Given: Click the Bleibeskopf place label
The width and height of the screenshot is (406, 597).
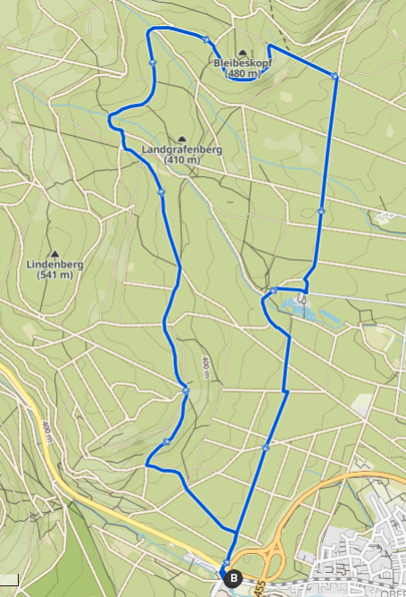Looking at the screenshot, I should pos(243,63).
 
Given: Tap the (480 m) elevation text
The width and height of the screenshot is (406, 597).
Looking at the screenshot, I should pos(243,74).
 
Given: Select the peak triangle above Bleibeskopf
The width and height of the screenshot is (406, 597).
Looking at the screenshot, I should pos(243,53).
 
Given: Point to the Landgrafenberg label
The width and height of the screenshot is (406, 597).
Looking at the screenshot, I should pos(182,149).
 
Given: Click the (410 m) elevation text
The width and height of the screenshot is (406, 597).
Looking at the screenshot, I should pos(182,160).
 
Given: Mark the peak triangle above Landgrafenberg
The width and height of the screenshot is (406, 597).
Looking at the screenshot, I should pos(182,139).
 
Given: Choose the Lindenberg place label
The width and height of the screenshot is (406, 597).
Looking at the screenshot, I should pos(54,265).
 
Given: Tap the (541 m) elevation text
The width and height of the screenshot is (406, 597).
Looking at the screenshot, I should pos(54,275).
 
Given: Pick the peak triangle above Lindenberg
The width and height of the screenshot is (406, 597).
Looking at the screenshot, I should pos(54,254).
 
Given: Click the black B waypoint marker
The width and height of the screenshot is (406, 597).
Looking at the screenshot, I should pos(235,578).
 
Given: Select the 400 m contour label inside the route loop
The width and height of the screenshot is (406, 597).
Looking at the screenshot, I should pos(205,366).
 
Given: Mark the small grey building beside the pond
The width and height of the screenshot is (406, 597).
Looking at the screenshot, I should pos(304,299).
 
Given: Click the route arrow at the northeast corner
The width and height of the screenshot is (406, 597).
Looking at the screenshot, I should pos(335,77).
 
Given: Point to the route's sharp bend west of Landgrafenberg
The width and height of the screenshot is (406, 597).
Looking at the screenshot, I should pos(110,117).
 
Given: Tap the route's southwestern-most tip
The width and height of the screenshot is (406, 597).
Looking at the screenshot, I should pos(145,464).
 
